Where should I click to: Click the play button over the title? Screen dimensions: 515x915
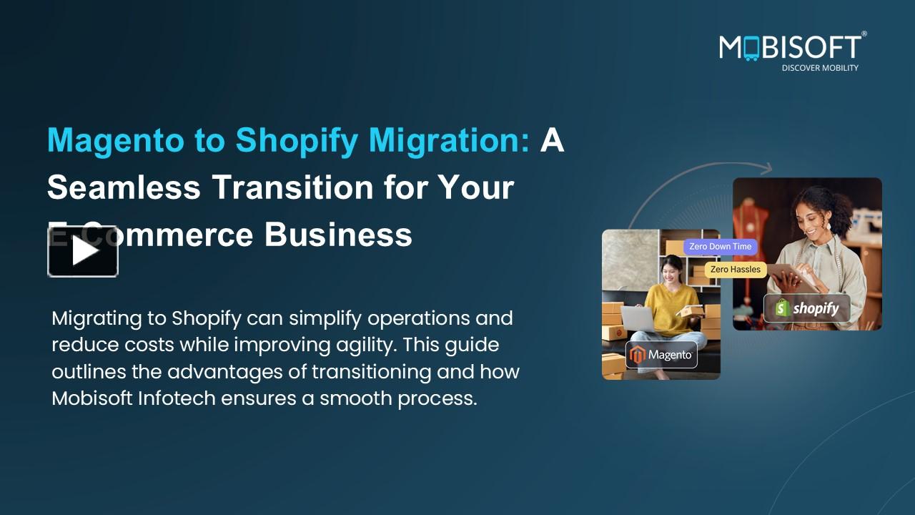[83, 251]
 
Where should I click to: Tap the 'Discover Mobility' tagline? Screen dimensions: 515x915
[819, 68]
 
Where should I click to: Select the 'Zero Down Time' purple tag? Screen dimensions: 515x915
[720, 247]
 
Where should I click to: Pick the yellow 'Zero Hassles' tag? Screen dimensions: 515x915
[736, 270]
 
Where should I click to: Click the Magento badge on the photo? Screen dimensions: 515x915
[661, 355]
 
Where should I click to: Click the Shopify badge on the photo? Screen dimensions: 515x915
[806, 308]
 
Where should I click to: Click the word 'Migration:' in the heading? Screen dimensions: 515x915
[449, 140]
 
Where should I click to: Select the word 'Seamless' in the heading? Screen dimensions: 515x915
[123, 187]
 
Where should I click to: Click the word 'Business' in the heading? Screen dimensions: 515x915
[338, 235]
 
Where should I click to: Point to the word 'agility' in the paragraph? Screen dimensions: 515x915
[365, 345]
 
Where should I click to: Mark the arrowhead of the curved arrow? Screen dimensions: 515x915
[767, 170]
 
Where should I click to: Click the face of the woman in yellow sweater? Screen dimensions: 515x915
[671, 272]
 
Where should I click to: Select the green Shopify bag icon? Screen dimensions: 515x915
[783, 308]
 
